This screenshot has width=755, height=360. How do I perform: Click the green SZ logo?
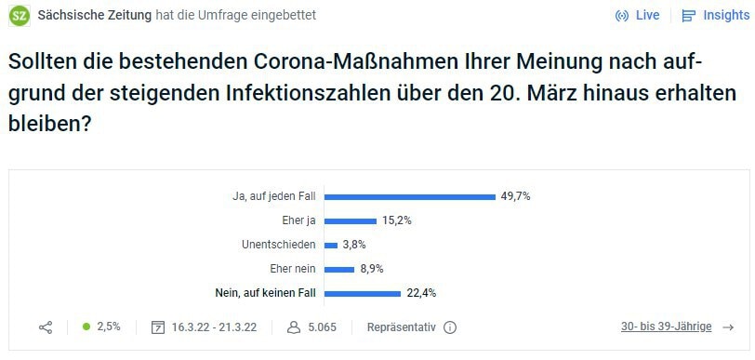click(20, 16)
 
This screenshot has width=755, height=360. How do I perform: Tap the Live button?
click(638, 16)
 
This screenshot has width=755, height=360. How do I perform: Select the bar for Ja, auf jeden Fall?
click(409, 196)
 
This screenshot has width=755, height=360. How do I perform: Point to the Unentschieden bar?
click(330, 245)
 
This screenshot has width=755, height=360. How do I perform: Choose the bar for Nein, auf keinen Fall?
click(362, 293)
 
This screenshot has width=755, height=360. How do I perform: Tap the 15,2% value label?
click(396, 220)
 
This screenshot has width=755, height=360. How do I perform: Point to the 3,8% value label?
click(354, 245)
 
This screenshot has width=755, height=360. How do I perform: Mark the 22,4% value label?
click(421, 293)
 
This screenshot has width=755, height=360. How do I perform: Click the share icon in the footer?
click(46, 327)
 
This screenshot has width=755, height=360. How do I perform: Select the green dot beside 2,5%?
click(86, 327)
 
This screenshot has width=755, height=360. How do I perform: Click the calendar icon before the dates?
click(158, 327)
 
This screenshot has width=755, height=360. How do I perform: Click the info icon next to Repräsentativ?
click(450, 327)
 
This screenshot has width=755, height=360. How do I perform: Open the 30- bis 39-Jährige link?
click(666, 327)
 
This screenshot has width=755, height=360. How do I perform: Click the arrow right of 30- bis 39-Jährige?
click(728, 327)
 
